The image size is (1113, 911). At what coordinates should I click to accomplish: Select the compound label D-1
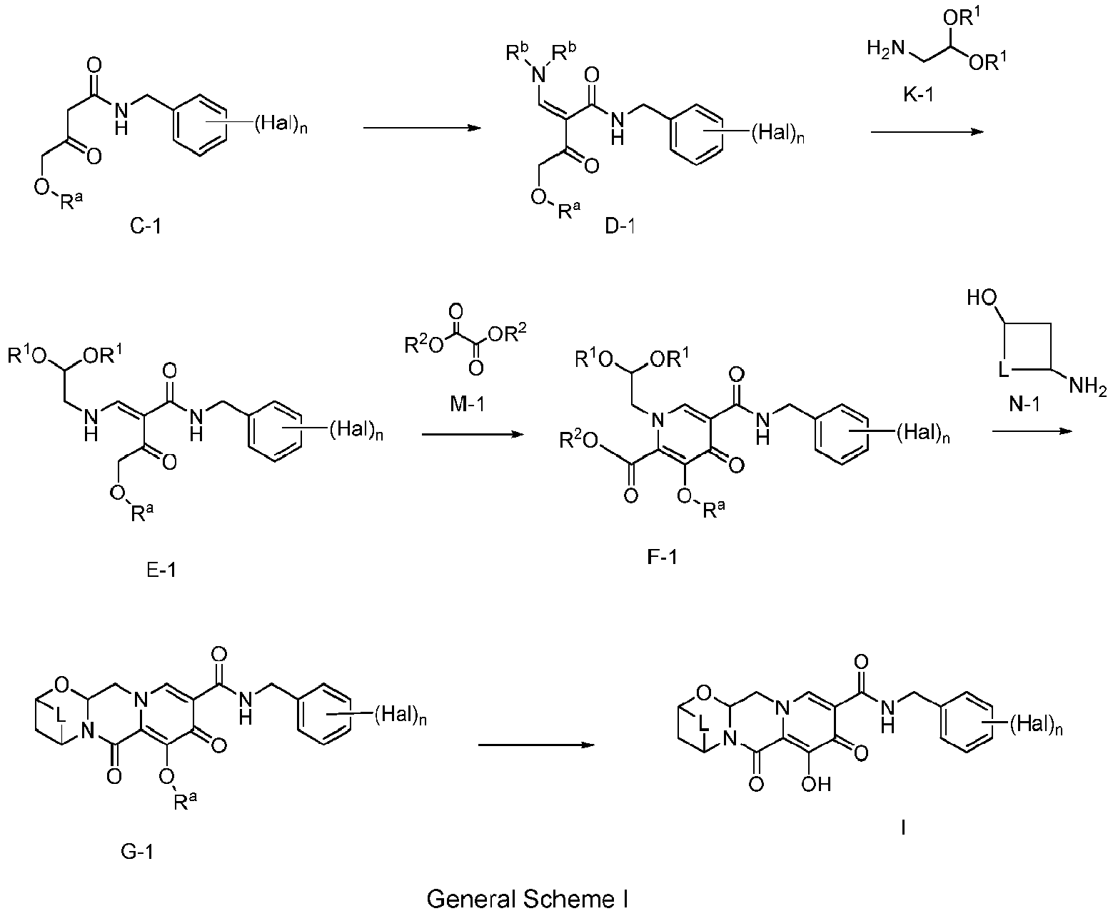click(x=620, y=228)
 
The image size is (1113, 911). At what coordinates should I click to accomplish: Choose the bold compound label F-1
click(x=660, y=554)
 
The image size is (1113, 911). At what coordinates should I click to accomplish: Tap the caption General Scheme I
click(x=527, y=897)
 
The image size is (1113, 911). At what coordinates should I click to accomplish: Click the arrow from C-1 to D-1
click(x=420, y=128)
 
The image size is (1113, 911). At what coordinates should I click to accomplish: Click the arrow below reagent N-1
click(x=1033, y=431)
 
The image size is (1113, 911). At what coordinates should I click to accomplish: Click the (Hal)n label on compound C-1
click(x=281, y=126)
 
